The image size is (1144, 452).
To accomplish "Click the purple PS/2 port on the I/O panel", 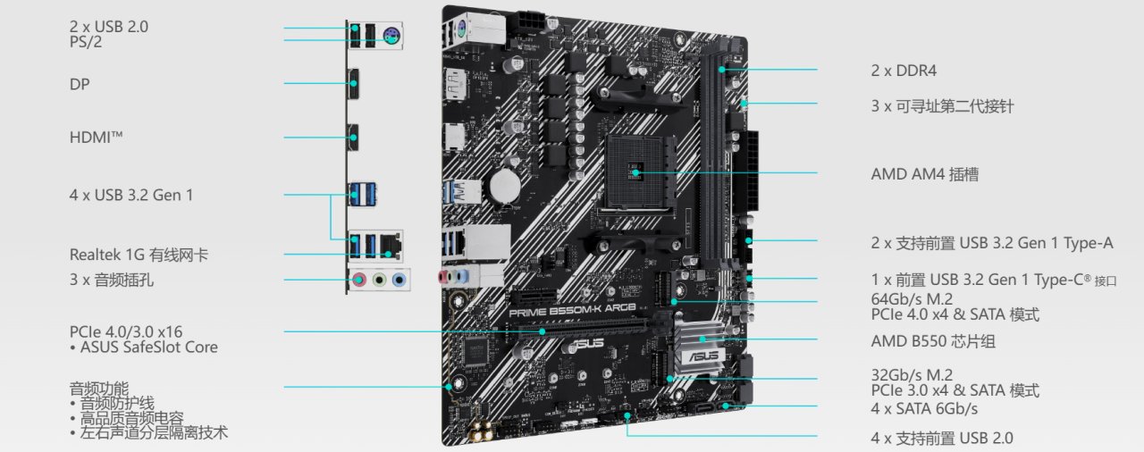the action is click(x=391, y=36).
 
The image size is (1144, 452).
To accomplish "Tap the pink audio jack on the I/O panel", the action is click(x=359, y=280).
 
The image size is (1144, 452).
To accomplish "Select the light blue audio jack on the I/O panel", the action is click(x=399, y=280).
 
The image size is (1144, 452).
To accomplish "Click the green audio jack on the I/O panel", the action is click(x=379, y=280).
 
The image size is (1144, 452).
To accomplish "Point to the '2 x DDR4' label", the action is click(x=904, y=71).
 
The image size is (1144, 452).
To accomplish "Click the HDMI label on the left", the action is click(x=96, y=138).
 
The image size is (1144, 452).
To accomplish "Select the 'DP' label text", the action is click(x=80, y=84).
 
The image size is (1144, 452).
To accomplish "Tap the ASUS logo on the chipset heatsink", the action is click(x=702, y=356).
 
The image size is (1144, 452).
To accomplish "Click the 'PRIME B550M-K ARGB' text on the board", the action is click(x=572, y=310).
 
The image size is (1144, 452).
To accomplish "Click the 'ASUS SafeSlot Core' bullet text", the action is click(x=149, y=347).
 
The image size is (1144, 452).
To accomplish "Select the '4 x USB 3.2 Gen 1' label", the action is click(x=131, y=195).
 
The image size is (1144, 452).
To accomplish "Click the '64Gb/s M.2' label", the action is click(x=912, y=298).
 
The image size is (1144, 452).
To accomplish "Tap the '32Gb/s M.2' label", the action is click(x=912, y=375).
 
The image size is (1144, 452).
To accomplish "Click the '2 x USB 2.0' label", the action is click(x=109, y=27).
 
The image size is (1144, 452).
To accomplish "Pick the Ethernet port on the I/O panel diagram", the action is click(x=391, y=245).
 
